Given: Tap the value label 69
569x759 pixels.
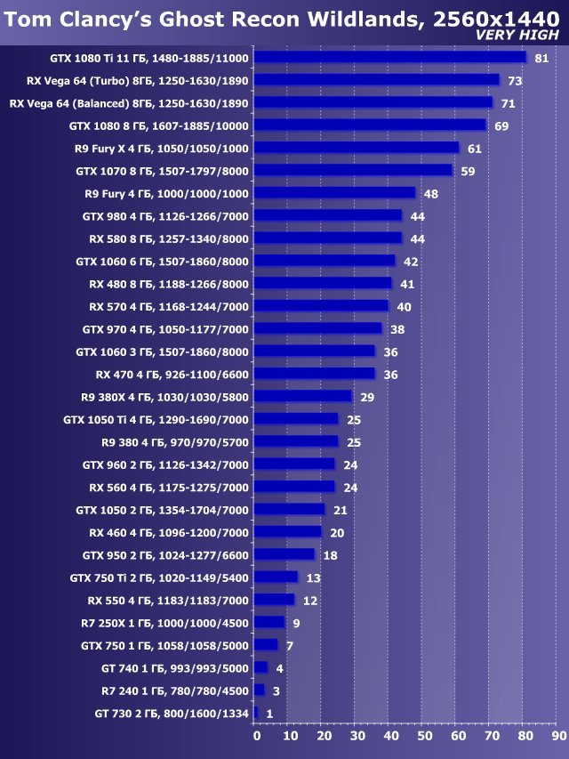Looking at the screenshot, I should [501, 125].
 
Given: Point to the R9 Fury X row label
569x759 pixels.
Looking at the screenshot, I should [162, 148].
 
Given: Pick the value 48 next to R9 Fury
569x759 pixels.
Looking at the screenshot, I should [431, 193].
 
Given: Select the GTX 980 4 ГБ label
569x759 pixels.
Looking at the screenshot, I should [165, 215].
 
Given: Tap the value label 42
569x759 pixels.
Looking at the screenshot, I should [411, 261].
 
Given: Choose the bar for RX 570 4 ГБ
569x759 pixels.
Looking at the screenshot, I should [321, 306].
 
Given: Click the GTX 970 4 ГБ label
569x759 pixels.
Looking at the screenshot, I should [165, 328].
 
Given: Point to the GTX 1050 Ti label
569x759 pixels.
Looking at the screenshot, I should [156, 419].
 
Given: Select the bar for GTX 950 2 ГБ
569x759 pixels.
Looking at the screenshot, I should [284, 554].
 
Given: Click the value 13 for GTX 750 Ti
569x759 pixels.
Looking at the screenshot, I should [313, 577].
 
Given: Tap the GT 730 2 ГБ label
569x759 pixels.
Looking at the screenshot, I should [171, 713].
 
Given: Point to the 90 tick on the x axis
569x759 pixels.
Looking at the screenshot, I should [558, 736].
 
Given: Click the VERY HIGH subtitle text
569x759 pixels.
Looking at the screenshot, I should [517, 35].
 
